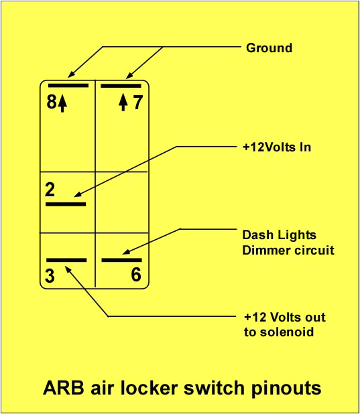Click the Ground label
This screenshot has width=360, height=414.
pyautogui.click(x=269, y=48)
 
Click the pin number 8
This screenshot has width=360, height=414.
pyautogui.click(x=52, y=103)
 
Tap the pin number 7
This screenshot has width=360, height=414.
pyautogui.click(x=137, y=103)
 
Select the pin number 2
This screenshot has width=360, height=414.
pyautogui.click(x=50, y=190)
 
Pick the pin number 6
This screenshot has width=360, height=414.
pyautogui.click(x=135, y=275)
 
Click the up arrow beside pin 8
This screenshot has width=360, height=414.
pyautogui.click(x=63, y=104)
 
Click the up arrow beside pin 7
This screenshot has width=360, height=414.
pyautogui.click(x=123, y=103)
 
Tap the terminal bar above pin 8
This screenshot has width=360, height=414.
pyautogui.click(x=67, y=86)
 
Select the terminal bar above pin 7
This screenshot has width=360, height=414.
pyautogui.click(x=121, y=86)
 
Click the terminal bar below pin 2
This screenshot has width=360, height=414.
pyautogui.click(x=65, y=202)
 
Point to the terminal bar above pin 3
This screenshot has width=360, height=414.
pyautogui.click(x=66, y=259)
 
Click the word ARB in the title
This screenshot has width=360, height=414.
pyautogui.click(x=64, y=388)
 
